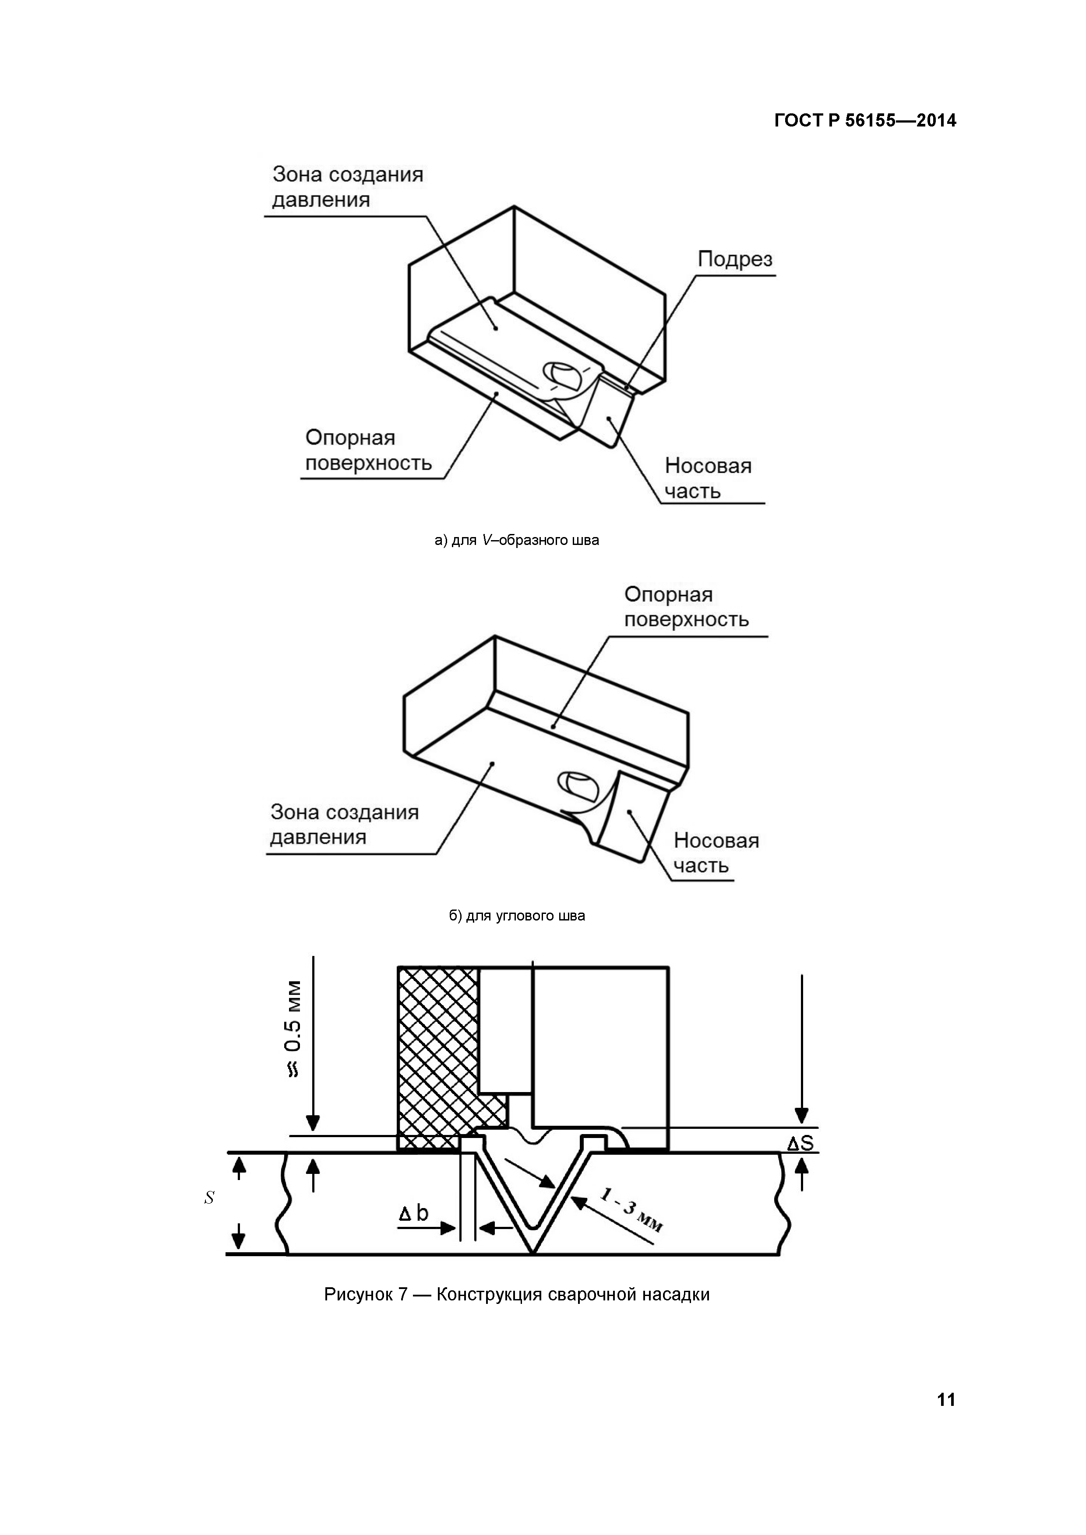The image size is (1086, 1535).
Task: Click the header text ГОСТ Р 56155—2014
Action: pyautogui.click(x=865, y=120)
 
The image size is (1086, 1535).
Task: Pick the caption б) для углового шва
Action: pyautogui.click(x=517, y=915)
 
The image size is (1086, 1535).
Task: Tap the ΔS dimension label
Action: pyautogui.click(x=800, y=1144)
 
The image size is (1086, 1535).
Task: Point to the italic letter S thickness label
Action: pyautogui.click(x=209, y=1198)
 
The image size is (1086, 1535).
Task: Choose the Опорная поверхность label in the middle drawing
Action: pyautogui.click(x=686, y=607)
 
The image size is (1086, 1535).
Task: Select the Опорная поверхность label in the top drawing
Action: pyautogui.click(x=368, y=450)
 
